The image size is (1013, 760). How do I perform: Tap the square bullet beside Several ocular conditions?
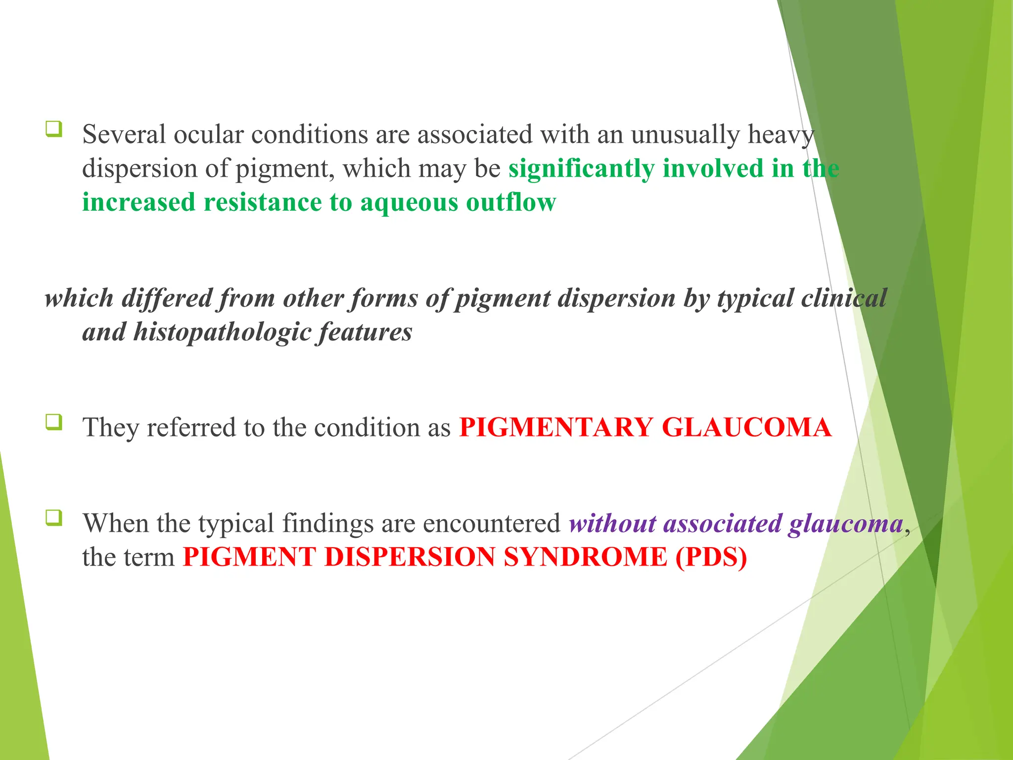[54, 129]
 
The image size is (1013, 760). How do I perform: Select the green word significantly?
[581, 169]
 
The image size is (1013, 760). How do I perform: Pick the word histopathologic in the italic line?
[222, 332]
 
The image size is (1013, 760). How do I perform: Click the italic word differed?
[166, 298]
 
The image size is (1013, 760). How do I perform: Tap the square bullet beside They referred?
[54, 422]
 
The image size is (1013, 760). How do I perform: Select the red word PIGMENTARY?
[556, 427]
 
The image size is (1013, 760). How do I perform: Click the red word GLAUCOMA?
[747, 427]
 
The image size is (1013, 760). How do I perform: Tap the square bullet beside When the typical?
[54, 518]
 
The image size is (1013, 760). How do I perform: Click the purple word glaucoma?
[846, 523]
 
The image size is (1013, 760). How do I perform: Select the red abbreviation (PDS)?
[711, 558]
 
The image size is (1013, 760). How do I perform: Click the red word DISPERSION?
[410, 558]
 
